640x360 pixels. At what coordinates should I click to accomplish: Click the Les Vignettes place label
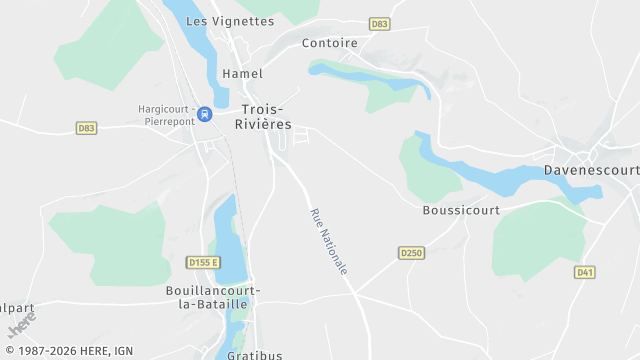tap(229, 21)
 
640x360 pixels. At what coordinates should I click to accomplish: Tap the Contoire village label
tap(330, 43)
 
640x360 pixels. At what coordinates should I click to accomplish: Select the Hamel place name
tap(243, 73)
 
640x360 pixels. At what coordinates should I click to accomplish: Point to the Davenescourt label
tap(591, 170)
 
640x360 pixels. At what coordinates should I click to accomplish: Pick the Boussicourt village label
tap(460, 210)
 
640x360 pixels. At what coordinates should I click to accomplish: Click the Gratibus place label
tap(254, 354)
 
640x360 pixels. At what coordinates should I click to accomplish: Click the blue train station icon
tap(204, 114)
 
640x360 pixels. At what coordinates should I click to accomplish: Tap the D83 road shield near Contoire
tap(379, 23)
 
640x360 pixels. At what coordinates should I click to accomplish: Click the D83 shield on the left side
tap(86, 128)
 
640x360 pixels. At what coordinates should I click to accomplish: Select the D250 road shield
tap(411, 253)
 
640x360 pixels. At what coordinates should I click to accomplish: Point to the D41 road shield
tap(585, 272)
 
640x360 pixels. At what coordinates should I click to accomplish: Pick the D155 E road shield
tap(202, 262)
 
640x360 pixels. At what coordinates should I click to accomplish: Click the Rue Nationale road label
tap(329, 242)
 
